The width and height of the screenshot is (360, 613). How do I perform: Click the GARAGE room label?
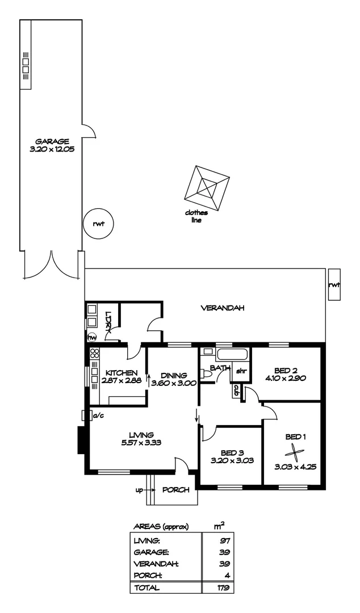point(52,141)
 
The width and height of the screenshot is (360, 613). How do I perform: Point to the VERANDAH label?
point(222,308)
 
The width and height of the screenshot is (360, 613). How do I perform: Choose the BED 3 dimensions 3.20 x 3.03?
point(232,460)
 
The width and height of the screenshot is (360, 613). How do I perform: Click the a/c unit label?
point(98,415)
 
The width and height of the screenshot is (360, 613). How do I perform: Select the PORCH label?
point(175,490)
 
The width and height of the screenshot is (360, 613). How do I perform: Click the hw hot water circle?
point(91,338)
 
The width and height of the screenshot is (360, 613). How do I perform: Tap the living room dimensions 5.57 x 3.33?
point(140,443)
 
